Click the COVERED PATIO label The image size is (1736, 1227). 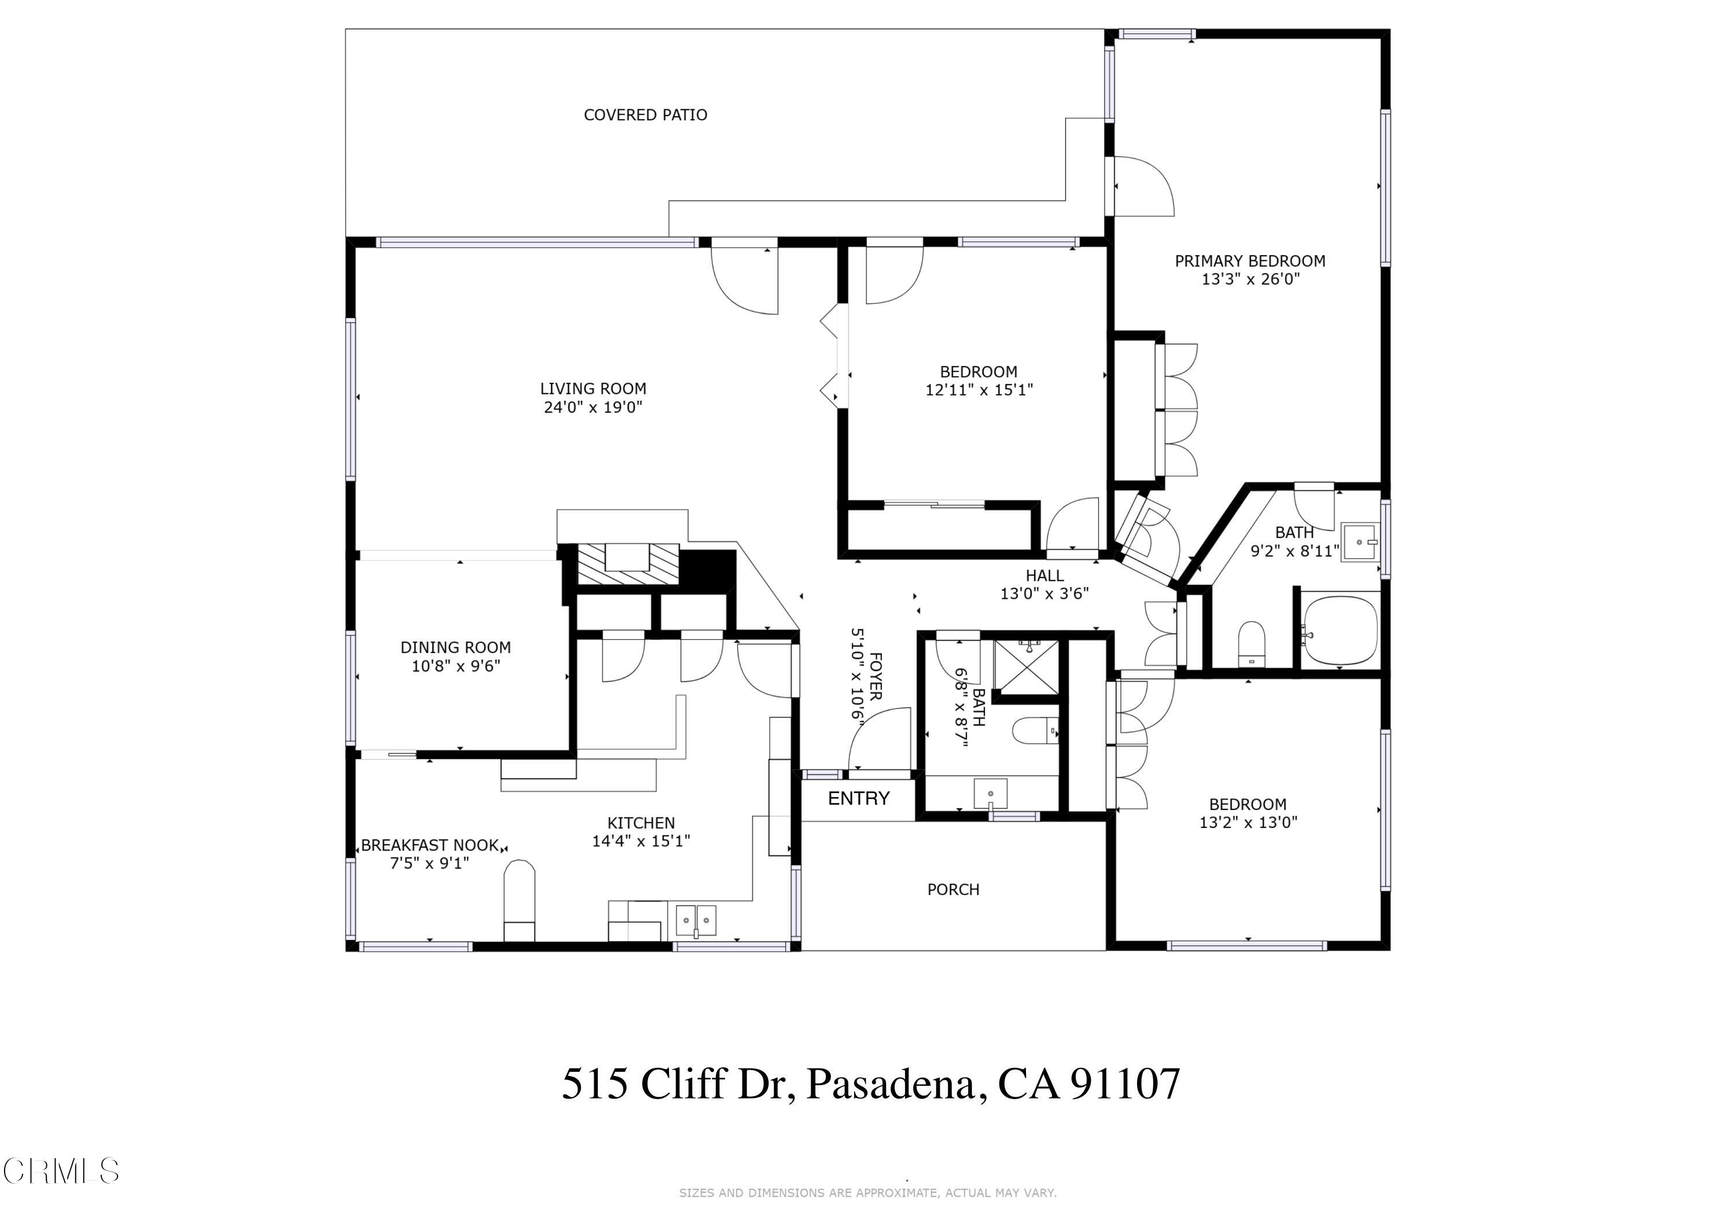tap(645, 115)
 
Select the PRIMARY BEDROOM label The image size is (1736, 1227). tap(1249, 261)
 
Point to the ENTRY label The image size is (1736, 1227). tap(858, 798)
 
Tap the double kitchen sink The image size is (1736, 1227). tap(695, 920)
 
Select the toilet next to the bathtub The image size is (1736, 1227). tap(1252, 643)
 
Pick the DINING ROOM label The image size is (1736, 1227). tap(455, 647)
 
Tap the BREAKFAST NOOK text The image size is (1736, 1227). tap(429, 845)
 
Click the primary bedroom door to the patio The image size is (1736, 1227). tap(1142, 186)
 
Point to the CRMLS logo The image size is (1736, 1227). tap(61, 1171)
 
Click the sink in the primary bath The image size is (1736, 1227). tap(1359, 542)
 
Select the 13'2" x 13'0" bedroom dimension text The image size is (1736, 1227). tap(1248, 823)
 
